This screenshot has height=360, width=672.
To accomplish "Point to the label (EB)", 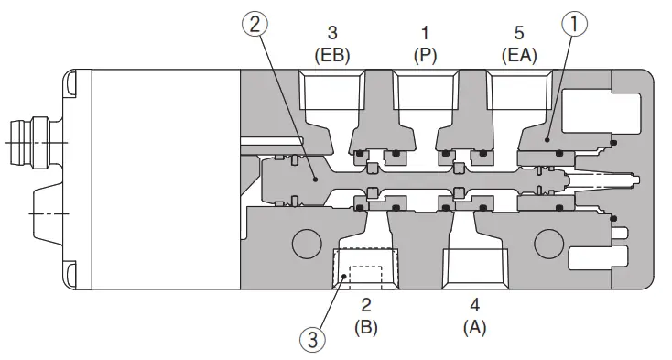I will (x=333, y=54).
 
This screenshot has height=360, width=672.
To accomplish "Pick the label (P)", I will (x=425, y=54).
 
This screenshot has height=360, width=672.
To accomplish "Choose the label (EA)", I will (x=518, y=54).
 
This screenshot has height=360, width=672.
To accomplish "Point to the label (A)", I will (x=473, y=326).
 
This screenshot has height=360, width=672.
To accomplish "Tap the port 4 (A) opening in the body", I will (x=472, y=270).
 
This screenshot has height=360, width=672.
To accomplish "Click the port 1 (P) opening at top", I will (x=424, y=92).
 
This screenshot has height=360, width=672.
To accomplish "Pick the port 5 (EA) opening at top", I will (x=517, y=92).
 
